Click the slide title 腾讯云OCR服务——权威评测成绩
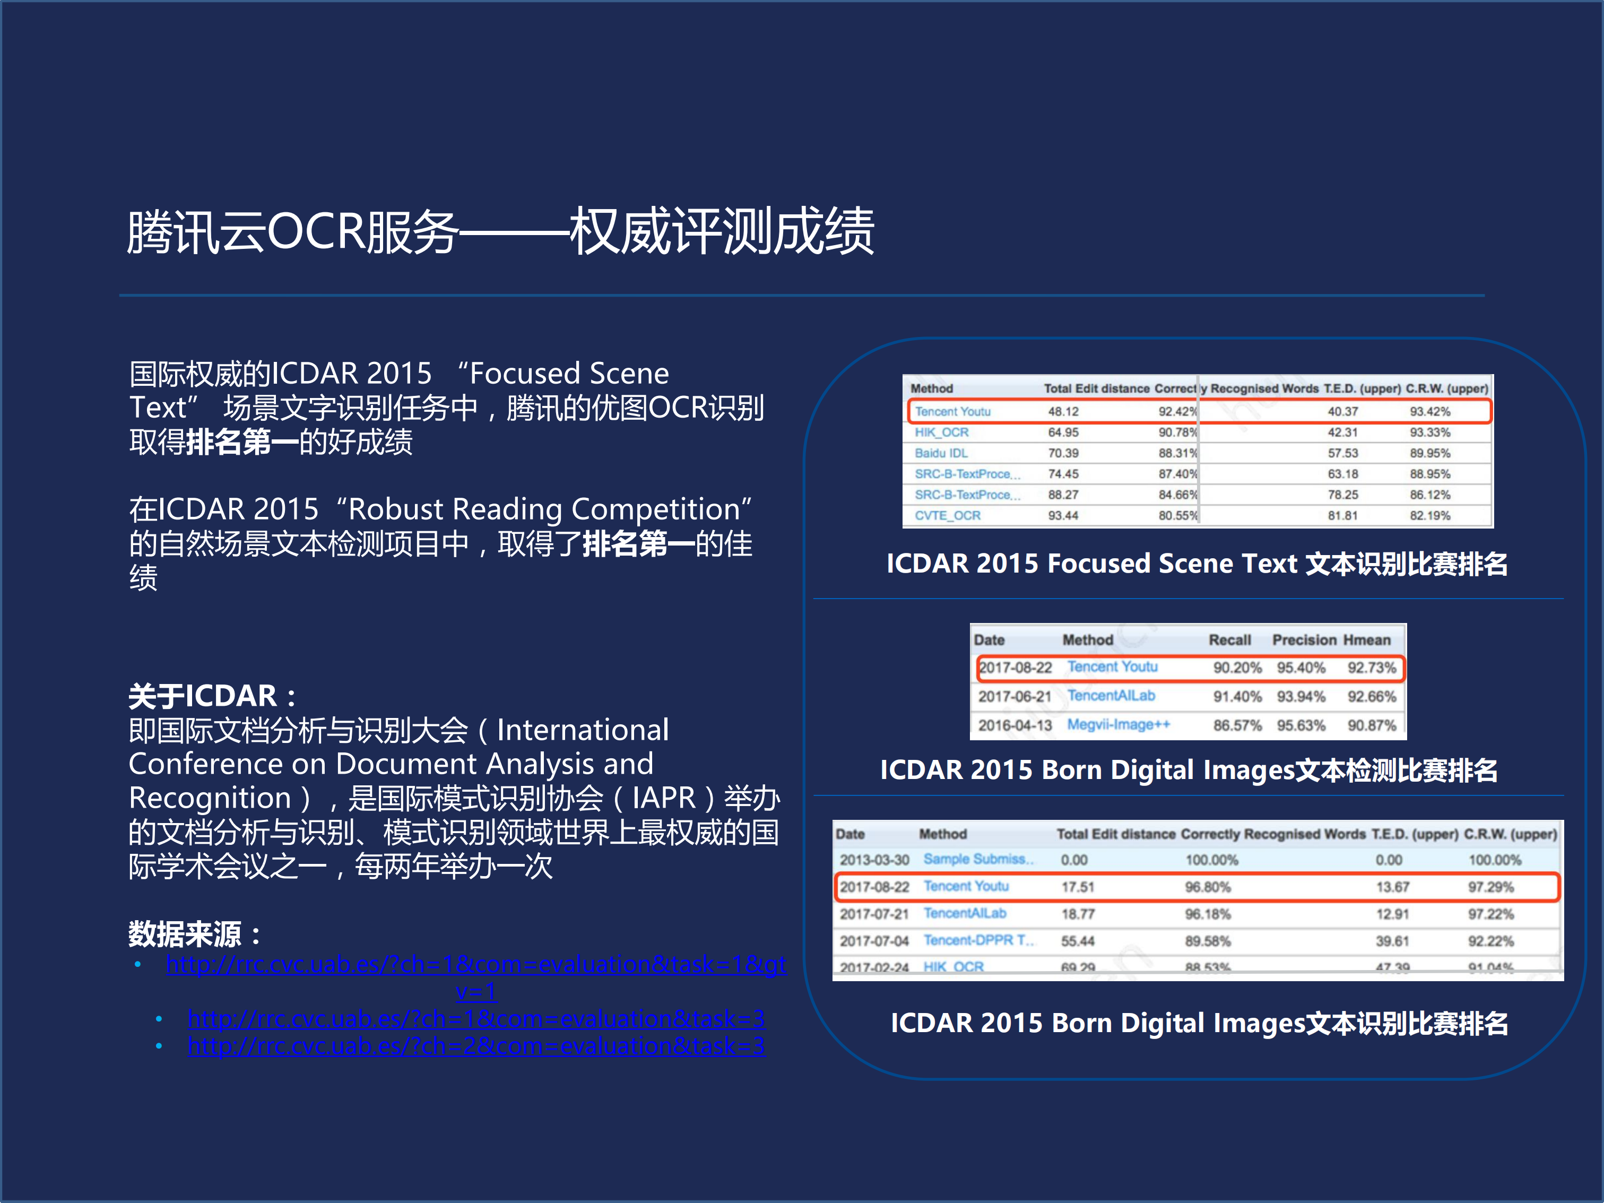coord(500,232)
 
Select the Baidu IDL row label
coord(941,453)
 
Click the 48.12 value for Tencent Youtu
coord(1063,411)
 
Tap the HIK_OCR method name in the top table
coord(941,432)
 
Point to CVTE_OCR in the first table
coord(947,516)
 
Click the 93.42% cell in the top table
coord(1429,411)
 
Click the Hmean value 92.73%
coord(1371,667)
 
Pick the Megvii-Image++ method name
coord(1118,724)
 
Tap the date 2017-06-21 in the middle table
coord(1015,696)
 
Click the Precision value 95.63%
coord(1301,725)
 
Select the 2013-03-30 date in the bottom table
coord(874,860)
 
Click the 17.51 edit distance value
coord(1078,887)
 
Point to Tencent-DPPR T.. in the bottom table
coord(978,940)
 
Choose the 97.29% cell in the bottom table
coord(1491,887)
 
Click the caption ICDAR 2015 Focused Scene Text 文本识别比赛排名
coord(1197,564)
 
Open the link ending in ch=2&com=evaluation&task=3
coord(476,1045)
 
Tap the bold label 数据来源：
coord(194,934)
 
